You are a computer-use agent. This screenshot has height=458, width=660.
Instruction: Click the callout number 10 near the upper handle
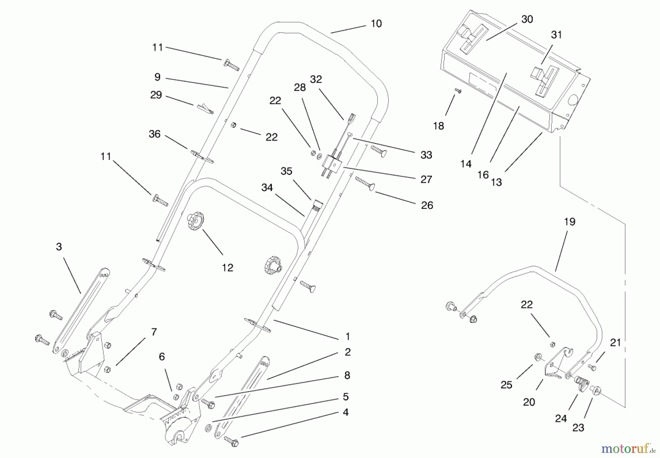(x=376, y=24)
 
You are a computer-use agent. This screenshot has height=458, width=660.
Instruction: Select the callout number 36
(x=154, y=134)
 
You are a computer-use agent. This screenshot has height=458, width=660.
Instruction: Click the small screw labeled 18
(x=458, y=91)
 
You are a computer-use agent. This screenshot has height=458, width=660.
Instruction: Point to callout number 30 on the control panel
(x=527, y=19)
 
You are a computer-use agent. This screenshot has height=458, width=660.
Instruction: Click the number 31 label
(x=556, y=35)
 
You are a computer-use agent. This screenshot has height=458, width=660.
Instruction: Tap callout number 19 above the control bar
(x=569, y=222)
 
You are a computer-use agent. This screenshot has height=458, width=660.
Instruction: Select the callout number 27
(x=426, y=180)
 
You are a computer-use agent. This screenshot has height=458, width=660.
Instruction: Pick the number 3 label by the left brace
(x=59, y=247)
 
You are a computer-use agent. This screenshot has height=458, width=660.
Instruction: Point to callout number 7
(x=154, y=332)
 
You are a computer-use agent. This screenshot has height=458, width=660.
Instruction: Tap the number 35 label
(x=286, y=171)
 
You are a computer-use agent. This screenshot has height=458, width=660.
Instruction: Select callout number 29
(x=156, y=95)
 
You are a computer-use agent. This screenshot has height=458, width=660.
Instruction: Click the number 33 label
(x=426, y=155)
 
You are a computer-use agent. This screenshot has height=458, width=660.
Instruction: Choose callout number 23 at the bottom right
(x=578, y=428)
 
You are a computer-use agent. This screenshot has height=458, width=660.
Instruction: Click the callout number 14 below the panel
(x=466, y=164)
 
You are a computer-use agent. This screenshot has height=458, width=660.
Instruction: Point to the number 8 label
(x=347, y=376)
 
